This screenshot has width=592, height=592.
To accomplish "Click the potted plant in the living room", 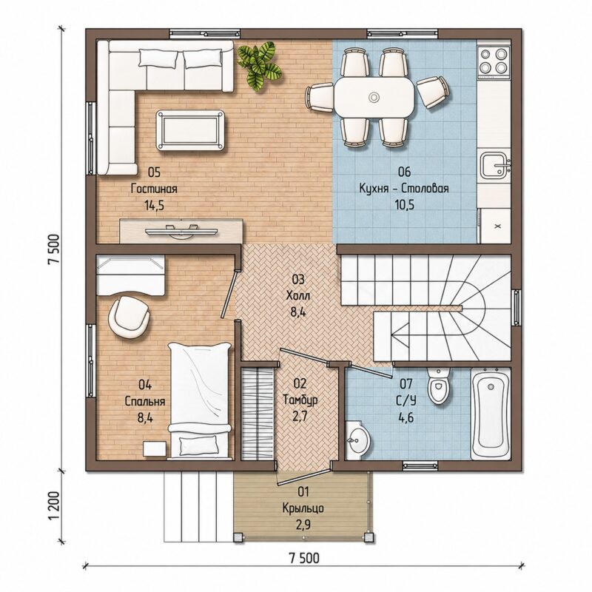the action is (260, 64).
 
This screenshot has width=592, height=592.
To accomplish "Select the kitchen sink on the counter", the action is (494, 164).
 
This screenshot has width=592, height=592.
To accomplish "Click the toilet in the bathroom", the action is (438, 385).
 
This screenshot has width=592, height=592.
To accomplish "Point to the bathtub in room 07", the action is (491, 414).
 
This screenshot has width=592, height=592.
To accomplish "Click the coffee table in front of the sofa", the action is (192, 130).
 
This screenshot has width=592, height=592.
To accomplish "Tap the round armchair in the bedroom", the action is (129, 317).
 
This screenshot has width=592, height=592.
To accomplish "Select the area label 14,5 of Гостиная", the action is (154, 206).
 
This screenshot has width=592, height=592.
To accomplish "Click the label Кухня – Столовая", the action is (404, 188).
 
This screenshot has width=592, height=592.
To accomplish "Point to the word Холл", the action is (298, 295).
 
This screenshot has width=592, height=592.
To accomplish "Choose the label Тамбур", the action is (300, 400).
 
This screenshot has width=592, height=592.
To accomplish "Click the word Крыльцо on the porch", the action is (303, 508).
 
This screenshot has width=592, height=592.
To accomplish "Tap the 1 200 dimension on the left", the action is (54, 505).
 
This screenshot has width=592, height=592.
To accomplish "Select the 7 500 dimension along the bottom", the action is (303, 558).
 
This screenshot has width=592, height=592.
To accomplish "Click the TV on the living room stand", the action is (182, 231).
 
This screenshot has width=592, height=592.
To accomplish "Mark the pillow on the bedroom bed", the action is (198, 445).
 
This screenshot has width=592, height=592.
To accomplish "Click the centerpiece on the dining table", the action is (374, 97).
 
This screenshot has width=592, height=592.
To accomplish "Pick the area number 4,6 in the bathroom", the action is (406, 417).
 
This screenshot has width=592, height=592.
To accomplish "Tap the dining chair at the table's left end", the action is (319, 98).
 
